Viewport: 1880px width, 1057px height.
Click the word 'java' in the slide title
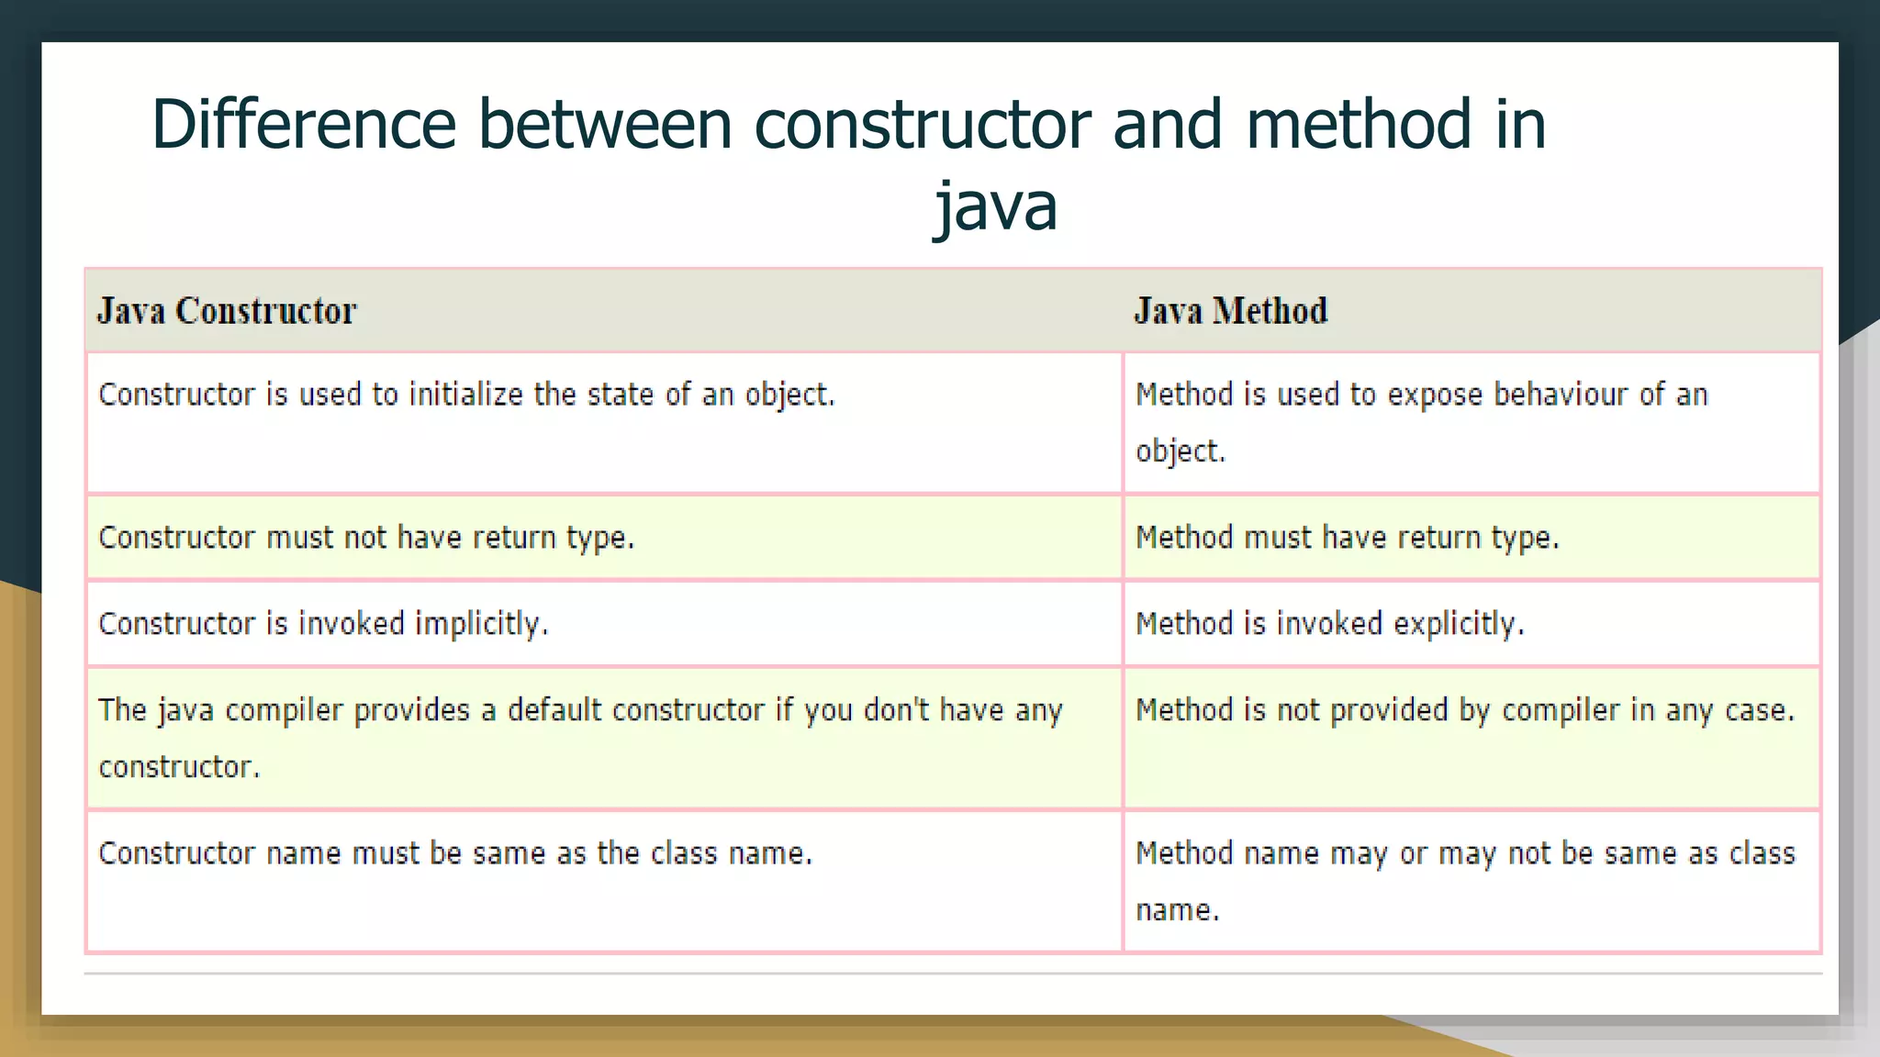[996, 206]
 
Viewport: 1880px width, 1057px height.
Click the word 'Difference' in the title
[304, 124]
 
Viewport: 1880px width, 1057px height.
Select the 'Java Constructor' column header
[227, 311]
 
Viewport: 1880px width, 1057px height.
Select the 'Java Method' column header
[1230, 311]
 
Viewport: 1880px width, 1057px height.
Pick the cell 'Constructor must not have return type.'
[366, 538]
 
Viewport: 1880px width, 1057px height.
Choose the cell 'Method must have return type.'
[1347, 538]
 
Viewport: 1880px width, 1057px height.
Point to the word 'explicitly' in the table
[1458, 624]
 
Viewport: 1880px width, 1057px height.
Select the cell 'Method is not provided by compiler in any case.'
[1464, 710]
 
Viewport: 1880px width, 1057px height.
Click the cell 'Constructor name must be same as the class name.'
[455, 853]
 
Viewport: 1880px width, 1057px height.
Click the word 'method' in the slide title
[1360, 124]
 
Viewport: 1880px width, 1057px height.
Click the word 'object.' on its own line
[1181, 451]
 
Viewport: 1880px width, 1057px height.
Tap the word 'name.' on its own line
[1178, 910]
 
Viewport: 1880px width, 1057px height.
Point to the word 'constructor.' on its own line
[179, 767]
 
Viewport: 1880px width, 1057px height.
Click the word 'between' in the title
[605, 124]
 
